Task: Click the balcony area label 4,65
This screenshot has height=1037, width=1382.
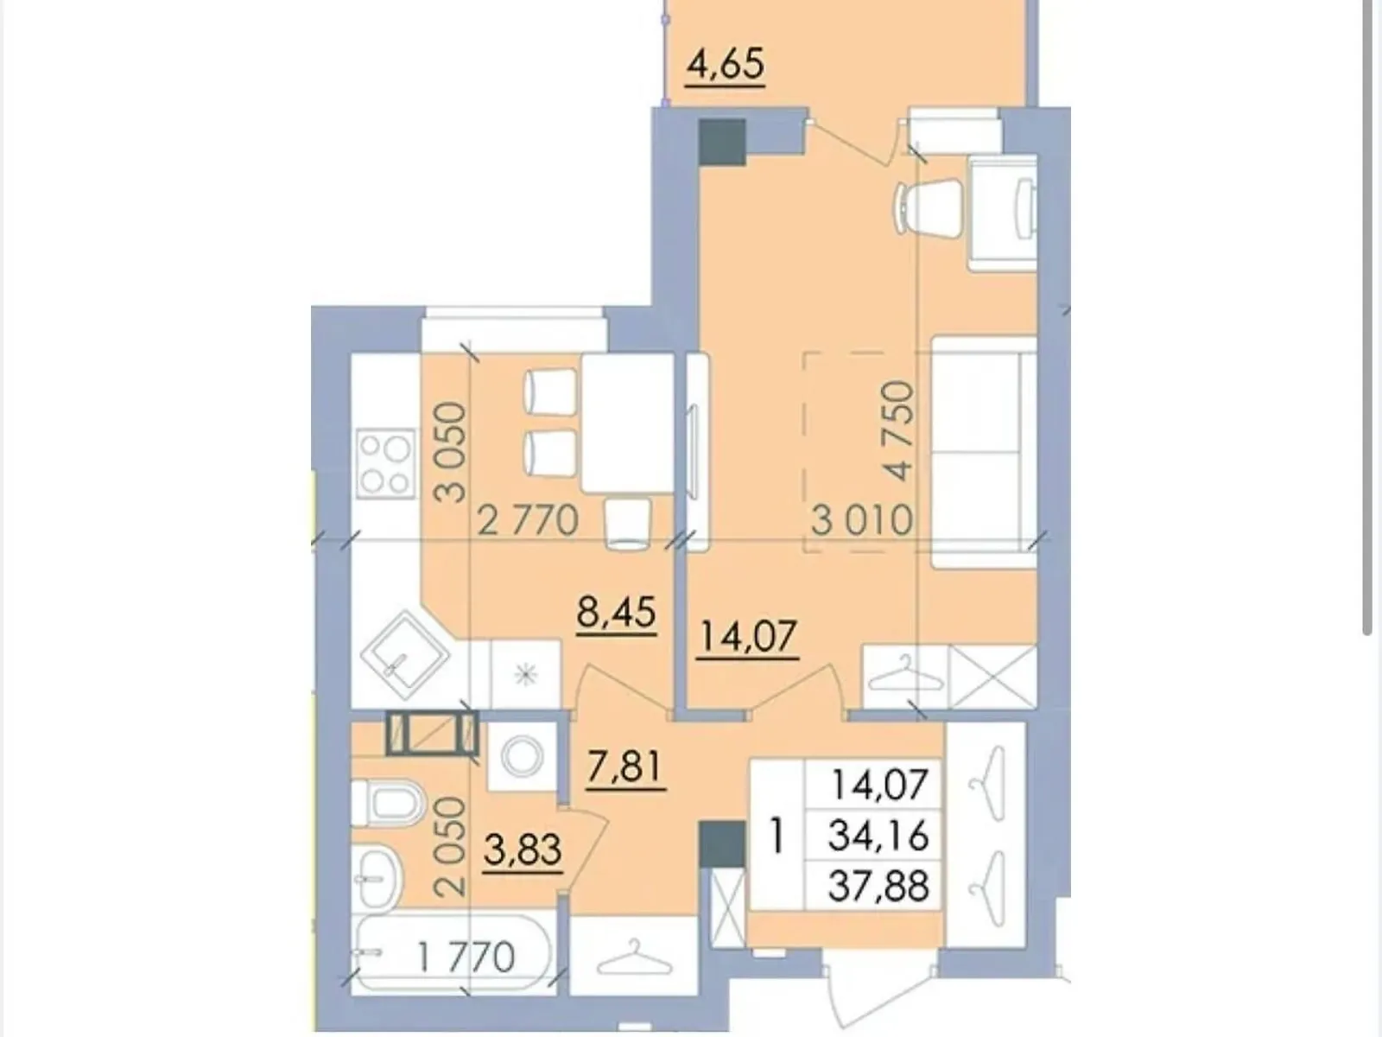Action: [x=725, y=65]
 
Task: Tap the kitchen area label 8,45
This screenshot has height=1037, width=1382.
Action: [x=617, y=612]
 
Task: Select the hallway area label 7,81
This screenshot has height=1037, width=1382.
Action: [x=624, y=767]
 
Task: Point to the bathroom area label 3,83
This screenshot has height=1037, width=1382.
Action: [x=523, y=850]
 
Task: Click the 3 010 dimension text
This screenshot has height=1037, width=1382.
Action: [x=862, y=521]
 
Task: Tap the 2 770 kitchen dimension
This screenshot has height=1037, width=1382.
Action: [x=528, y=521]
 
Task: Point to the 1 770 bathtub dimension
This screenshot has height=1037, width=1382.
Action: [x=466, y=957]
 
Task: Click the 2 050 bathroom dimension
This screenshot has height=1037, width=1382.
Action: [x=451, y=847]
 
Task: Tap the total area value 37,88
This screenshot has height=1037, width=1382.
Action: [x=878, y=886]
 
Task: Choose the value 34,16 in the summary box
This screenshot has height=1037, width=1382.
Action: [x=878, y=837]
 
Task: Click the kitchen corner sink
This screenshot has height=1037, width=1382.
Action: [x=405, y=655]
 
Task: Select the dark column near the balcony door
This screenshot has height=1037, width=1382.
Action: [x=722, y=142]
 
